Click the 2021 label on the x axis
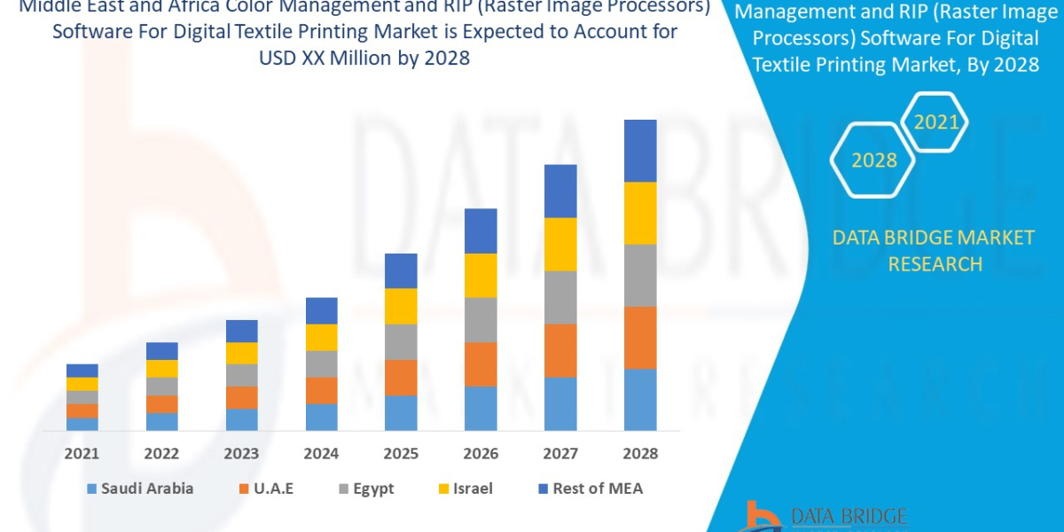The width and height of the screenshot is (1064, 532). pos(82,454)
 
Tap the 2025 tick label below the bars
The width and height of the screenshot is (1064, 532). pos(401,454)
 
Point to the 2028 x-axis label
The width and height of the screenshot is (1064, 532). pos(640,454)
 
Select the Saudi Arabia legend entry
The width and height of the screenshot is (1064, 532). pos(140,489)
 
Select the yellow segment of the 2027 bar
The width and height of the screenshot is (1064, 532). pos(560,244)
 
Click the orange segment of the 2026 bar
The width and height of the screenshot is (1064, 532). pos(481,364)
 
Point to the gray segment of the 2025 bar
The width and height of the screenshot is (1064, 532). pos(401,341)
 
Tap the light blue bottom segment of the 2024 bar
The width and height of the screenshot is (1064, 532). pos(321,417)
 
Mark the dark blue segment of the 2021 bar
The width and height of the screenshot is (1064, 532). pos(82,371)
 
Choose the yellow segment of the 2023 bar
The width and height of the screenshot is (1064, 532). pos(241,353)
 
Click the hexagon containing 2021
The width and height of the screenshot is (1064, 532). pos(935,122)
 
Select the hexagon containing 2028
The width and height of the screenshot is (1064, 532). pos(873,160)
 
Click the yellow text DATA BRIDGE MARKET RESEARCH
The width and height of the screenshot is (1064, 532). pos(935,250)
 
